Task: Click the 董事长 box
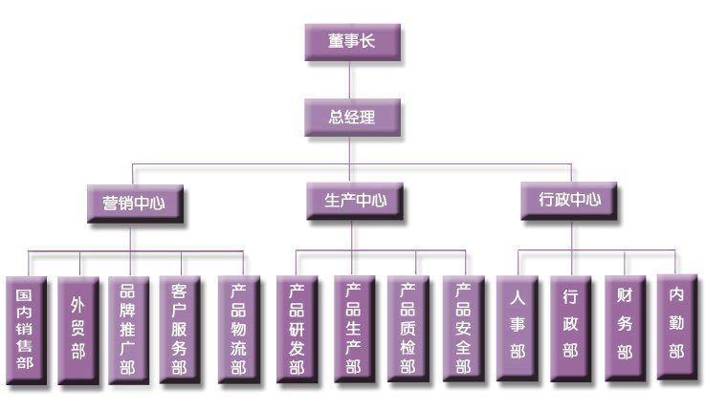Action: coord(352,42)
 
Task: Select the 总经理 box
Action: coord(352,118)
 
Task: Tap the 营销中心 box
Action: coord(135,204)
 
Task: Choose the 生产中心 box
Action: coord(355,201)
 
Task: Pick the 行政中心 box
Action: coord(569,201)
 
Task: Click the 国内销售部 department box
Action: coord(26,331)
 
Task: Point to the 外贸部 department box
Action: coord(78,331)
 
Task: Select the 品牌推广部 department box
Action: coord(128,330)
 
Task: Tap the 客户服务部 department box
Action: coord(180,330)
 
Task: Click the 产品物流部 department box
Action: coord(239,330)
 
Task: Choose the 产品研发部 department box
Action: coord(297,330)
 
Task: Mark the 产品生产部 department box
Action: coord(354,329)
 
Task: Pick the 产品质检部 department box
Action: coord(408,329)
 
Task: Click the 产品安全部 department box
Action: coord(464,329)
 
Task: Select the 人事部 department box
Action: coord(518,329)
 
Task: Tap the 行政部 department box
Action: coord(570,329)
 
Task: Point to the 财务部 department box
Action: coord(626,329)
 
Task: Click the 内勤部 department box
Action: coord(677,328)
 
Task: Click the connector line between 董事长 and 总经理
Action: coord(350,80)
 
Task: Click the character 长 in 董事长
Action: coord(367,41)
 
